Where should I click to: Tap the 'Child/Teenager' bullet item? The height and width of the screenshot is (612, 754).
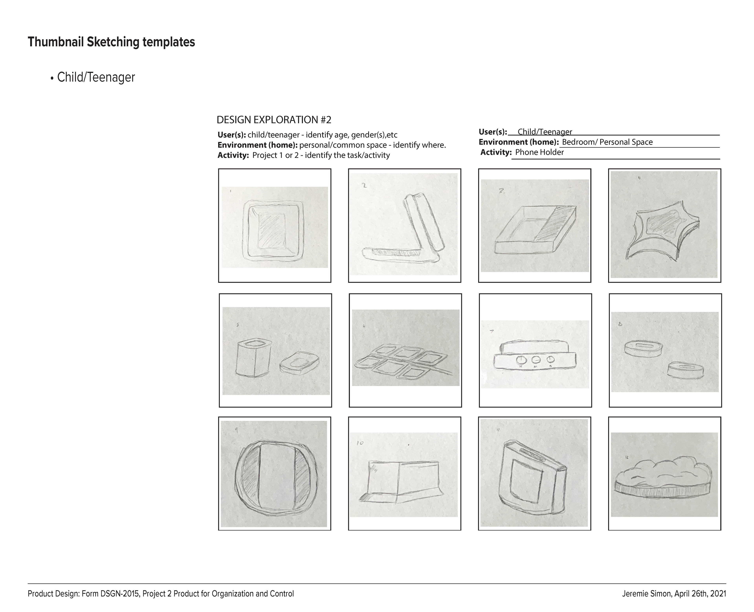pos(96,78)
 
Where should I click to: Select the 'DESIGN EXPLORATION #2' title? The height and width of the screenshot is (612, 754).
pos(274,120)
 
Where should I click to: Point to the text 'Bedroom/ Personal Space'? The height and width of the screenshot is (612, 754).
pos(607,142)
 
